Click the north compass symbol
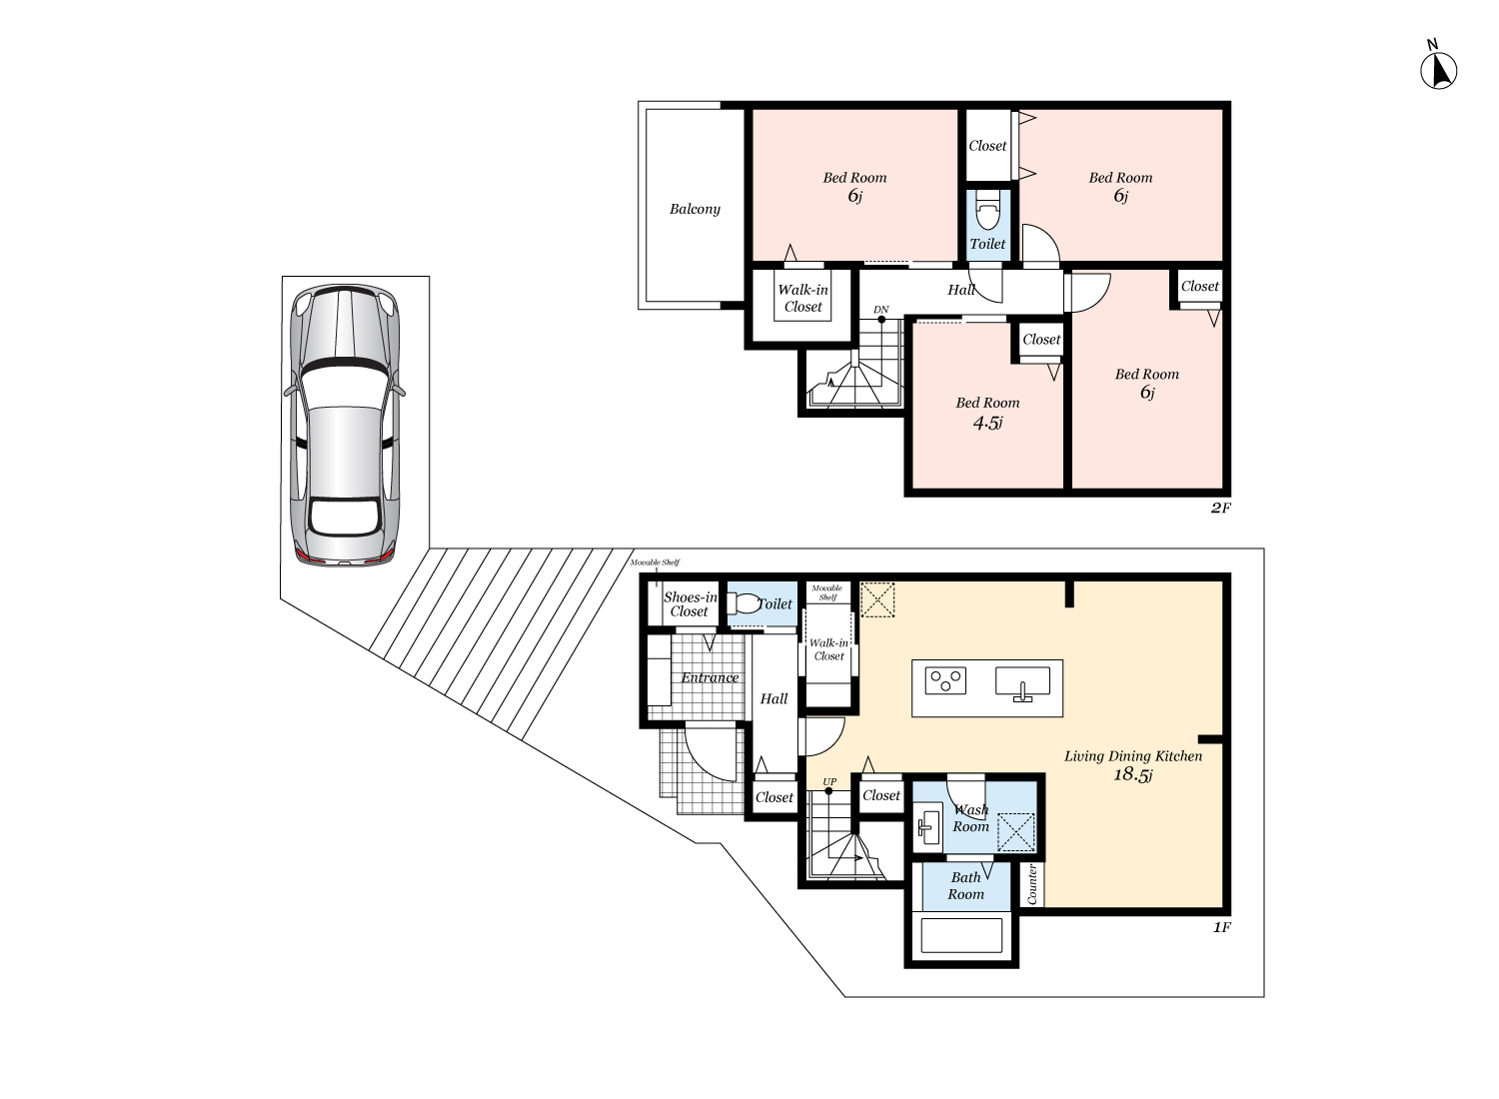tap(1438, 70)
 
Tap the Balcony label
tap(695, 209)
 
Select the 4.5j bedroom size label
tap(987, 423)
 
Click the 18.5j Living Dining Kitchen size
tap(1133, 775)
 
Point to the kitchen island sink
tap(1022, 683)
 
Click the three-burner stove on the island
tap(945, 680)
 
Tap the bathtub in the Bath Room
tap(960, 936)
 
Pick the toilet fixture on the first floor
tap(745, 603)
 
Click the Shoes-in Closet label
tap(690, 604)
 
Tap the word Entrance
tap(710, 678)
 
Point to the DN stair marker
tap(880, 311)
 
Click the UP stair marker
tap(829, 782)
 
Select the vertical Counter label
tap(1032, 885)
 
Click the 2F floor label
tap(1220, 509)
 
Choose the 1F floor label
tap(1220, 928)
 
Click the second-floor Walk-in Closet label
tap(802, 299)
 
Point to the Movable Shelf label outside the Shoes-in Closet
tap(655, 563)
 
